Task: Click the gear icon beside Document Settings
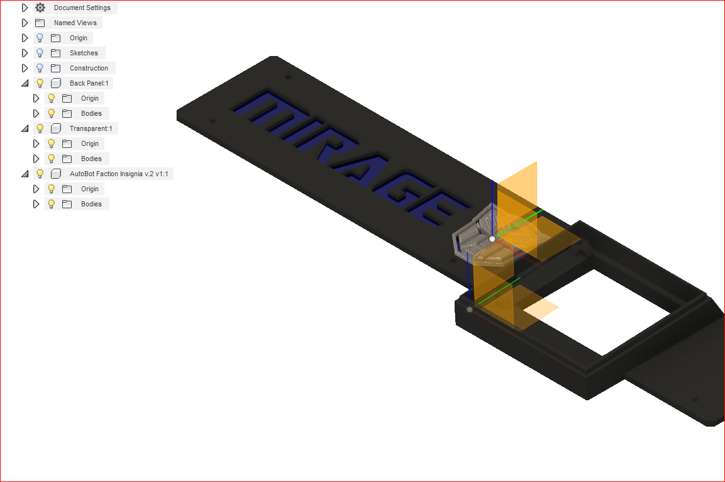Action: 40,8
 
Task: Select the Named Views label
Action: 75,23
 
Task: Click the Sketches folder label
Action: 84,53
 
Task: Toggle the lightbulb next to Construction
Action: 40,68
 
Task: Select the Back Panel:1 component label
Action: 91,83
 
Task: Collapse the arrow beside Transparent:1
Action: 25,128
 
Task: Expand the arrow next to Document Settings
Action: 25,8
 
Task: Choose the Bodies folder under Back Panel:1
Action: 91,113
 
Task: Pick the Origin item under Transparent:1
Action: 89,143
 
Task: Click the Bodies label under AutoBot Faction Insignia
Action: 91,204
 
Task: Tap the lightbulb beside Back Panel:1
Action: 40,83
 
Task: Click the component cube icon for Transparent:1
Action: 56,128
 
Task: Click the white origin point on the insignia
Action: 492,239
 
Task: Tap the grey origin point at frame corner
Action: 470,309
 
